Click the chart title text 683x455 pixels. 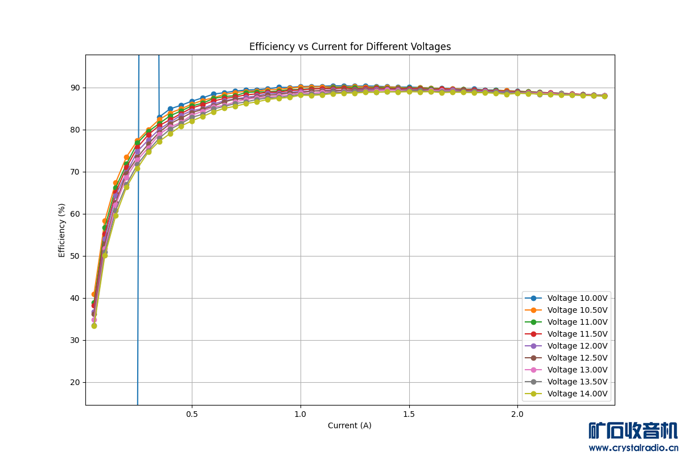(x=350, y=47)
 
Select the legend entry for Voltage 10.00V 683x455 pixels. (x=577, y=298)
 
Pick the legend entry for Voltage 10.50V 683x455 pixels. (x=577, y=310)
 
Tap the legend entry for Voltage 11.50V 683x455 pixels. (x=577, y=334)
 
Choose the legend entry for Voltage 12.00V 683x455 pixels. (x=577, y=346)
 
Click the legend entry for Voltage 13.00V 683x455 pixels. (x=577, y=370)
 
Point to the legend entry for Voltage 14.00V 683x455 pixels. (x=577, y=394)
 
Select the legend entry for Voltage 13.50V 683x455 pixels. (x=577, y=382)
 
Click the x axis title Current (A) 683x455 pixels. (x=349, y=425)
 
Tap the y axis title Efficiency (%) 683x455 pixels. (x=62, y=230)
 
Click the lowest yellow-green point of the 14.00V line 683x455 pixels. (x=94, y=325)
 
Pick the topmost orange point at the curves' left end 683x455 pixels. (x=94, y=295)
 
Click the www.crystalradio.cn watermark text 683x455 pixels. (x=633, y=448)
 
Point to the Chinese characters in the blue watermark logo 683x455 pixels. (x=633, y=431)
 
